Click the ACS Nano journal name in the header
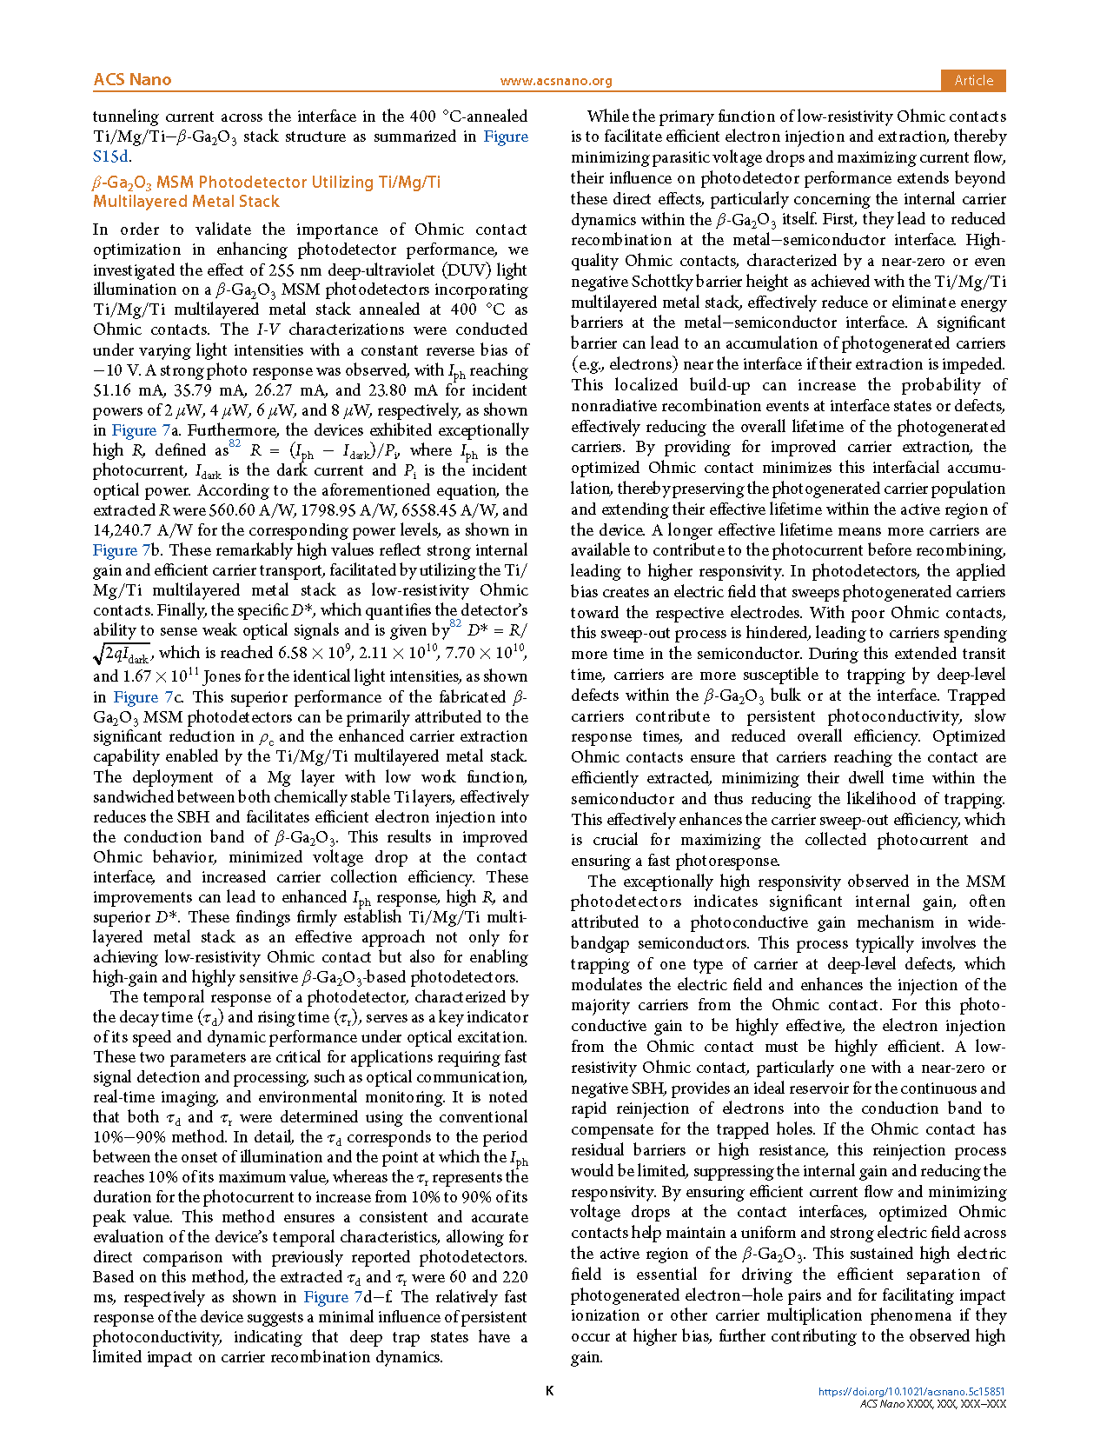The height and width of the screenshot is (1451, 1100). [132, 80]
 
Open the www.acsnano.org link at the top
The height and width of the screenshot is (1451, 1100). [556, 81]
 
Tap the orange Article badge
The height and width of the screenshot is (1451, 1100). [973, 80]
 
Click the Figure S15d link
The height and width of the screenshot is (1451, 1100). [111, 157]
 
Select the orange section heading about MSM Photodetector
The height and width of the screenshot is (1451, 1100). [267, 191]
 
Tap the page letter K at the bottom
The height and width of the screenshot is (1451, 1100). [549, 1391]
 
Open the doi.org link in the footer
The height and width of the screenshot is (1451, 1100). [911, 1392]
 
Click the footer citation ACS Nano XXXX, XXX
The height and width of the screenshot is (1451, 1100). [932, 1404]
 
